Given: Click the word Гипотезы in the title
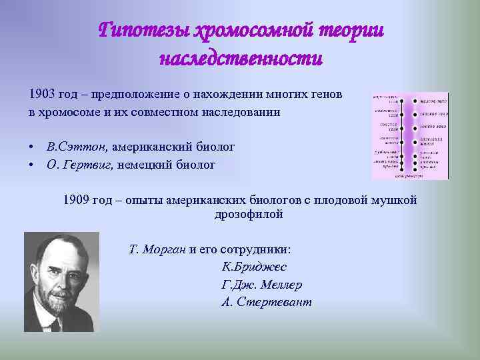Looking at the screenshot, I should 143,31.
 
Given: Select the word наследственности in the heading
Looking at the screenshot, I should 241,59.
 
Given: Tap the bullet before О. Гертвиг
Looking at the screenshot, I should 31,165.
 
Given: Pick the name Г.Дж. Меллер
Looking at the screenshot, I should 261,285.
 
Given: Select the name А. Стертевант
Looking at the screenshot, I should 266,302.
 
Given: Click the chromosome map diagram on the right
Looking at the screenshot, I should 409,136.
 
